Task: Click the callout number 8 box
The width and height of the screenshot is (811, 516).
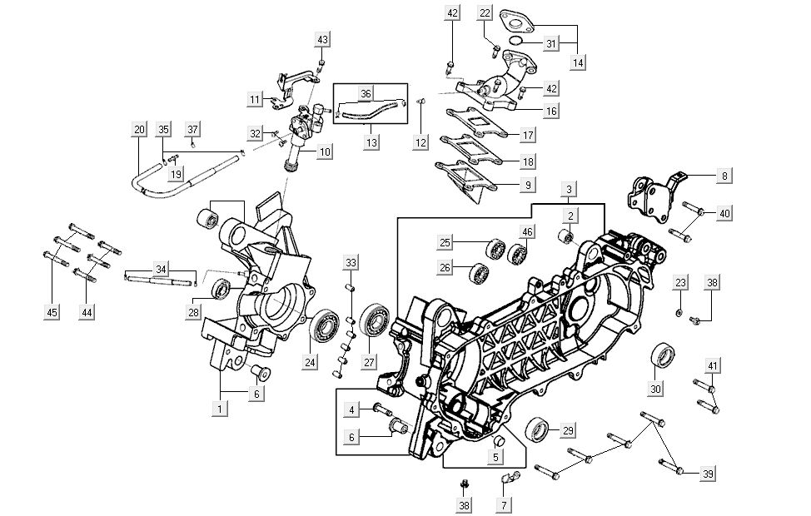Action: point(724,176)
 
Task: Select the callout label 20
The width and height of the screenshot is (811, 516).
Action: point(138,129)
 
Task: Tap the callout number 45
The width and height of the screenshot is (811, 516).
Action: point(52,312)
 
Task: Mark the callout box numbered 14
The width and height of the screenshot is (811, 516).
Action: point(579,62)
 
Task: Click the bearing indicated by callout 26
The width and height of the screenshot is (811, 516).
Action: point(480,272)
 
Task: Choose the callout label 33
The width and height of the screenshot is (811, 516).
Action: point(351,263)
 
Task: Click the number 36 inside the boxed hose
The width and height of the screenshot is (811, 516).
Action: point(365,93)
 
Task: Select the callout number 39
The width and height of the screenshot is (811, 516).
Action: point(707,474)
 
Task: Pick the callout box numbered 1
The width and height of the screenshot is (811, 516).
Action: point(220,409)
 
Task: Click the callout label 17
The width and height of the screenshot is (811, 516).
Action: point(527,134)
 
